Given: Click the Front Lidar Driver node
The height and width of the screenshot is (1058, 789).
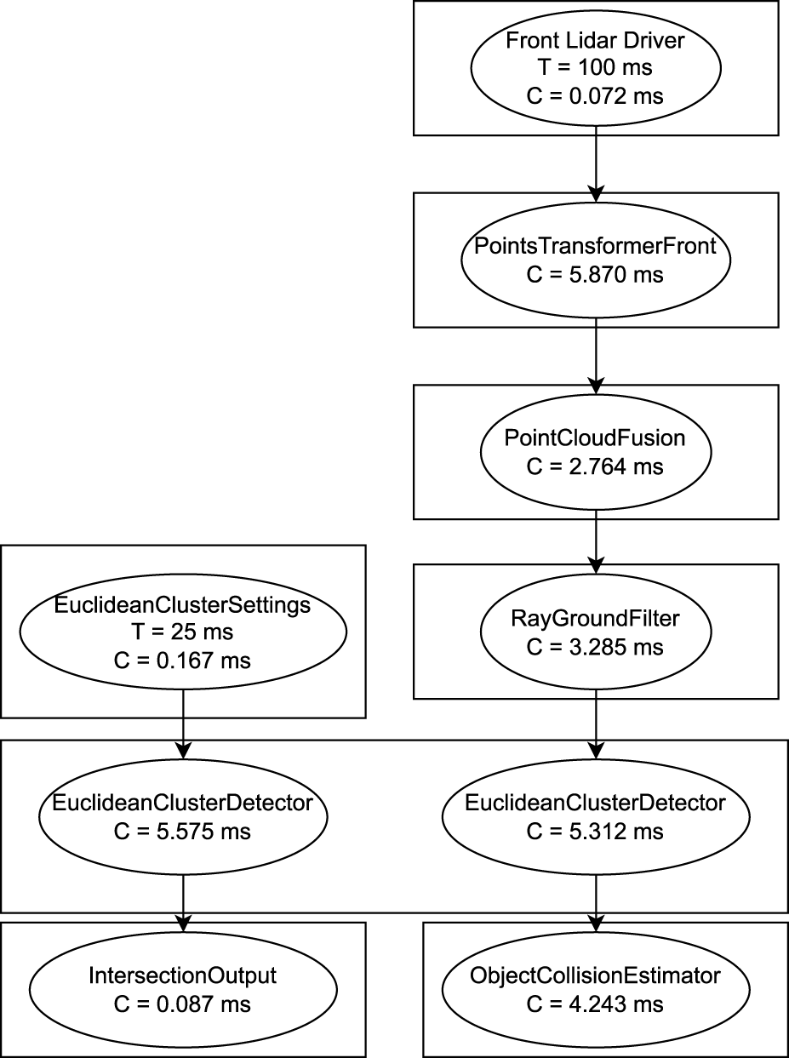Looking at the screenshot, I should pyautogui.click(x=595, y=67).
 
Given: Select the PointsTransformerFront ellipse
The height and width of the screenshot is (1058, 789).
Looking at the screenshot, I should pyautogui.click(x=595, y=260).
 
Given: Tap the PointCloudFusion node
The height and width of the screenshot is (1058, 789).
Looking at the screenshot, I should pyautogui.click(x=595, y=451).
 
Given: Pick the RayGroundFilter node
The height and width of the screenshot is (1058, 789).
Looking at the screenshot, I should pyautogui.click(x=595, y=632).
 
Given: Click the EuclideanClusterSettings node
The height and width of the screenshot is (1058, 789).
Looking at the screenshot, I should pyautogui.click(x=183, y=632).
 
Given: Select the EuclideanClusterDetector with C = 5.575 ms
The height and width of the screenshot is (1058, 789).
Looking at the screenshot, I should pyautogui.click(x=183, y=816).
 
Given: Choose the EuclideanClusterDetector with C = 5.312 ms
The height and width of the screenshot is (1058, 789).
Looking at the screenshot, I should pyautogui.click(x=595, y=816).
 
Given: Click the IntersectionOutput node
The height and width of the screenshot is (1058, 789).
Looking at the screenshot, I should pyautogui.click(x=183, y=989).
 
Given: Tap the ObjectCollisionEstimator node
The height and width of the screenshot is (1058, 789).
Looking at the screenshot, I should pyautogui.click(x=595, y=989).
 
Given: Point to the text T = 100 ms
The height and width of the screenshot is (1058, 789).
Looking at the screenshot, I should pyautogui.click(x=595, y=68).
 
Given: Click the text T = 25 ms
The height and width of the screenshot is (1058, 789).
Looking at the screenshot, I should pyautogui.click(x=183, y=632).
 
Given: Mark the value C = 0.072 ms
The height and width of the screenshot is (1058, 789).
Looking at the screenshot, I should pyautogui.click(x=595, y=96).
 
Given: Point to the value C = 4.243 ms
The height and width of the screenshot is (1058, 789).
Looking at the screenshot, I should pyautogui.click(x=595, y=1004).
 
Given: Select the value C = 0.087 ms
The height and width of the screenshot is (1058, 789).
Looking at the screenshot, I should pyautogui.click(x=183, y=1004).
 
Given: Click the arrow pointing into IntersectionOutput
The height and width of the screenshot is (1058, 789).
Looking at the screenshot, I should pyautogui.click(x=183, y=902).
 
